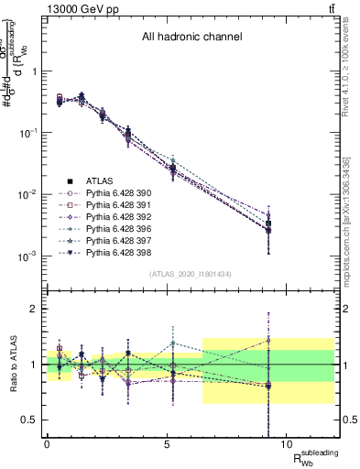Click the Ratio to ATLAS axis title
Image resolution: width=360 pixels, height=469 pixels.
point(11,365)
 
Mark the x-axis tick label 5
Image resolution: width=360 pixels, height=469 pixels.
point(166,443)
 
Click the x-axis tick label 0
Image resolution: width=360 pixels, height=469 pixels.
point(47,443)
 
